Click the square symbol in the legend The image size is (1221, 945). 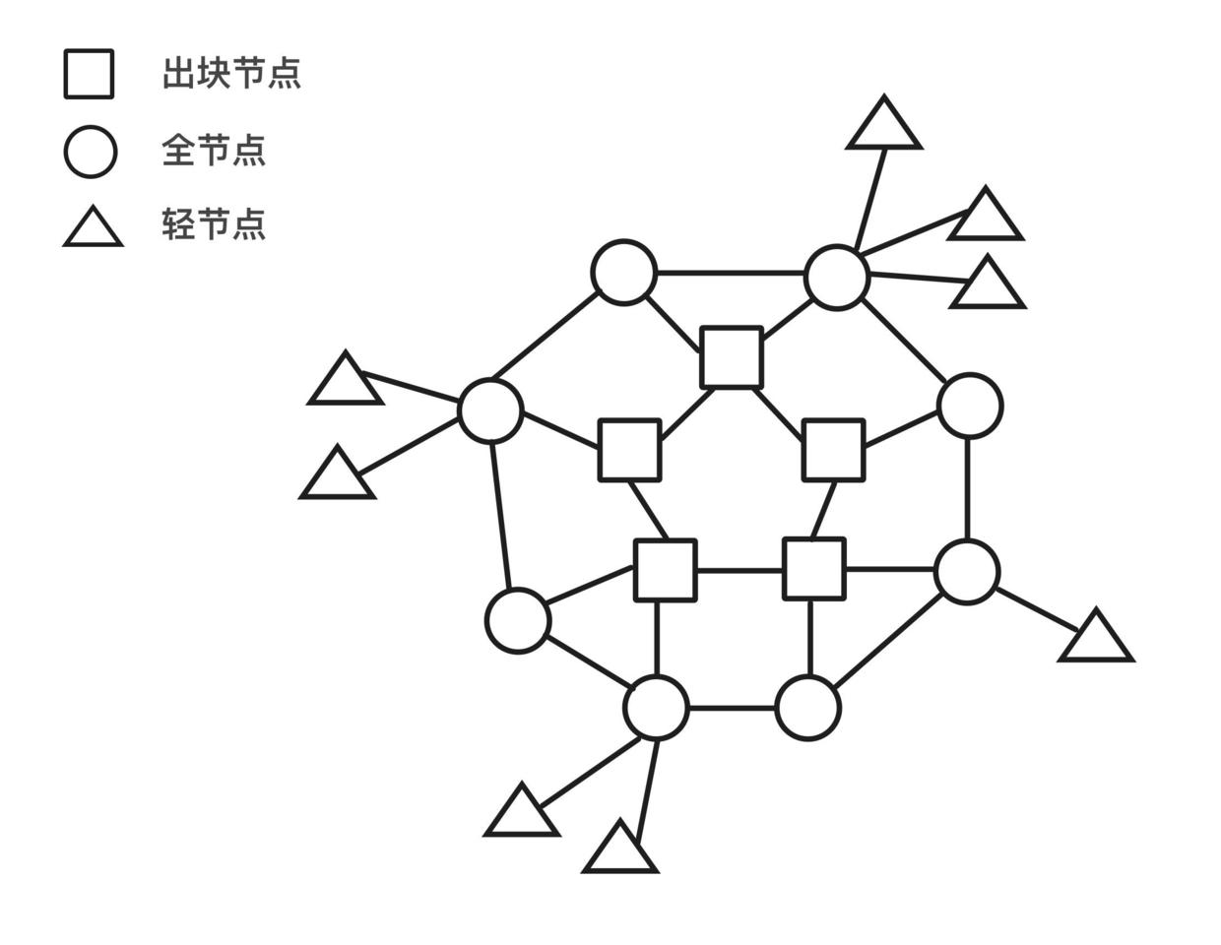pos(89,74)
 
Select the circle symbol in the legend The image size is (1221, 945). pos(91,152)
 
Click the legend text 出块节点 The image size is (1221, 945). pos(231,74)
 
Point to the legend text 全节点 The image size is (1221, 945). pos(214,151)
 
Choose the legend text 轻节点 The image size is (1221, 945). pos(214,224)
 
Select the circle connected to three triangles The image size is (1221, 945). pos(837,277)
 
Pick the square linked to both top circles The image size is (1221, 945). pos(732,357)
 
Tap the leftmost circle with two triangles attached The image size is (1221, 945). pos(490,409)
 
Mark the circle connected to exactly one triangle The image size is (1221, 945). pos(968,571)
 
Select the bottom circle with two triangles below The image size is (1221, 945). pos(656,707)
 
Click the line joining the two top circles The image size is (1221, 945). pos(730,273)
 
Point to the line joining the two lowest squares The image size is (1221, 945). pos(739,570)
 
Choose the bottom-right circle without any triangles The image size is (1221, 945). pos(808,708)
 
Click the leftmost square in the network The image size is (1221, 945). pos(630,450)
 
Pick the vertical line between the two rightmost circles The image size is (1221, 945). pos(968,488)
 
